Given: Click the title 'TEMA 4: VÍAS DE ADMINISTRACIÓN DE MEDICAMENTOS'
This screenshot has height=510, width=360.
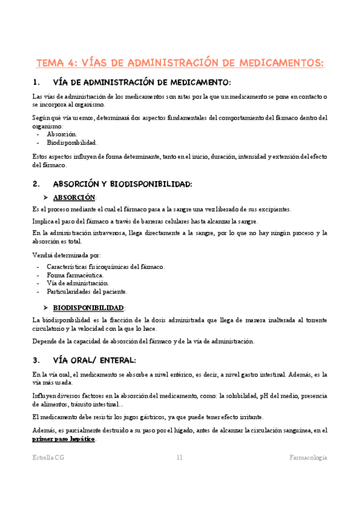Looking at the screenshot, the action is pyautogui.click(x=180, y=63).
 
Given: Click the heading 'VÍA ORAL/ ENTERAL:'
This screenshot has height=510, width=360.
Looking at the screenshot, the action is pyautogui.click(x=94, y=360).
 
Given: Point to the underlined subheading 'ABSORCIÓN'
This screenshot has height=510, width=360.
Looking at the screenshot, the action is pyautogui.click(x=74, y=197).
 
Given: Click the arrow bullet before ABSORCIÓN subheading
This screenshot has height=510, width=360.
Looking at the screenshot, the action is pyautogui.click(x=46, y=197).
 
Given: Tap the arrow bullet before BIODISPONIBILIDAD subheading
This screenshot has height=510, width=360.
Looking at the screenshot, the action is pyautogui.click(x=46, y=307).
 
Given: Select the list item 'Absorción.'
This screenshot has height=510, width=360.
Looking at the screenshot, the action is pyautogui.click(x=61, y=135).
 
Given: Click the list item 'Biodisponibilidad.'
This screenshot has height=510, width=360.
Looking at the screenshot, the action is pyautogui.click(x=72, y=143).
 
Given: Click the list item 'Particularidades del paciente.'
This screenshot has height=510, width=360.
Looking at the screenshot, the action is pyautogui.click(x=87, y=292).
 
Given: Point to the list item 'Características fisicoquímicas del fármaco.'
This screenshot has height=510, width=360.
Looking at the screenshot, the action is pyautogui.click(x=105, y=266).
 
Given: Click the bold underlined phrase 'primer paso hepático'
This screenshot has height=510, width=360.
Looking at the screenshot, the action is pyautogui.click(x=64, y=439).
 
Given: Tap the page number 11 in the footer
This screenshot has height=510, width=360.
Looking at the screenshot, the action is pyautogui.click(x=179, y=458).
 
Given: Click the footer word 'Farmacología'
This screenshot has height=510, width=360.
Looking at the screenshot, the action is pyautogui.click(x=307, y=458).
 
